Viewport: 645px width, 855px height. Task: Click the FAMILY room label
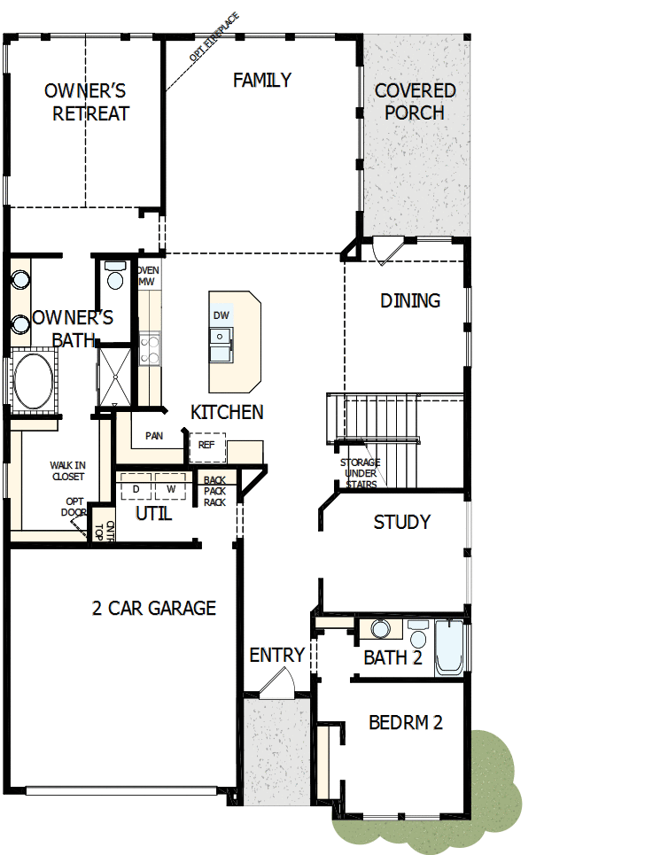261,80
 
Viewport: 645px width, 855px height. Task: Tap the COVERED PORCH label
415,101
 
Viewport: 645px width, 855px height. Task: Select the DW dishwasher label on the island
221,315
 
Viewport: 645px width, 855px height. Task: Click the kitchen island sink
221,345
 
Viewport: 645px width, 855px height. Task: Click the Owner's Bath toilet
115,276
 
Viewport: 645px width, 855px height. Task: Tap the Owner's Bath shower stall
114,377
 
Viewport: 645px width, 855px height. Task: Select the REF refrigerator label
206,445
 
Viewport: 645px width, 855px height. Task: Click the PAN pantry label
154,436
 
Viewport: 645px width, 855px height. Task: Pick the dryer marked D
136,486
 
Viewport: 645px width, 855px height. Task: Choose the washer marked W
171,486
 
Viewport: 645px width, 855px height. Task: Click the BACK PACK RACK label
214,492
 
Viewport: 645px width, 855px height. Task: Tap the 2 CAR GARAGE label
154,608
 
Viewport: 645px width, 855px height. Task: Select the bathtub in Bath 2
449,648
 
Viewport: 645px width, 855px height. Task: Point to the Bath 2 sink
381,629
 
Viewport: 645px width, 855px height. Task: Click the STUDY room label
402,522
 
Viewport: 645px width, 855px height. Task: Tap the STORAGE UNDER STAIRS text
361,473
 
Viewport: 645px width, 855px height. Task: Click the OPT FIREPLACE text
214,36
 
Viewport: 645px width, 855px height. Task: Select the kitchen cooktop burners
150,349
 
